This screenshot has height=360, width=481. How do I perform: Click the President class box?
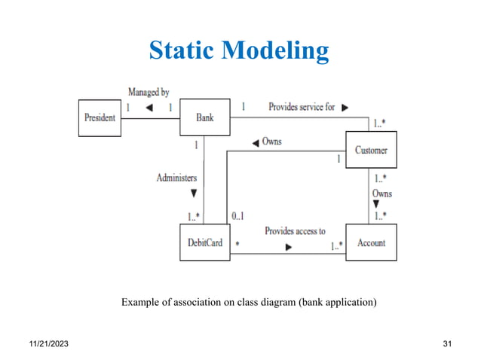(x=100, y=117)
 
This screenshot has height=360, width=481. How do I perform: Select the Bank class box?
(x=205, y=117)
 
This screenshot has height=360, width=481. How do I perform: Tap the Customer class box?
(x=371, y=150)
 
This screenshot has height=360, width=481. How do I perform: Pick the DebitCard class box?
(x=205, y=243)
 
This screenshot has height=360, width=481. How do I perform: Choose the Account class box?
(x=371, y=243)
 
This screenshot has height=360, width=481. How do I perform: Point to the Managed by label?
(x=149, y=92)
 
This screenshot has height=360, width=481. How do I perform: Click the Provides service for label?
(x=302, y=107)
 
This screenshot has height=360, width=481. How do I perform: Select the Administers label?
(x=176, y=178)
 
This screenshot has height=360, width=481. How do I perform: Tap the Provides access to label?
(x=295, y=231)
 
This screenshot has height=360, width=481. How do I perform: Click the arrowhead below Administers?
(x=193, y=193)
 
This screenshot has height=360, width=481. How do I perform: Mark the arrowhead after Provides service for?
(x=345, y=108)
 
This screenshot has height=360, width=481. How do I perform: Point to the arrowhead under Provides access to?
(x=288, y=246)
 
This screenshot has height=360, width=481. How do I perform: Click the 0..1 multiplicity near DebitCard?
(x=237, y=216)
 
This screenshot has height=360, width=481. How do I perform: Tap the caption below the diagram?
(x=249, y=303)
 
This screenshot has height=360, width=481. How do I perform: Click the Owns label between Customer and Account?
(x=381, y=194)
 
